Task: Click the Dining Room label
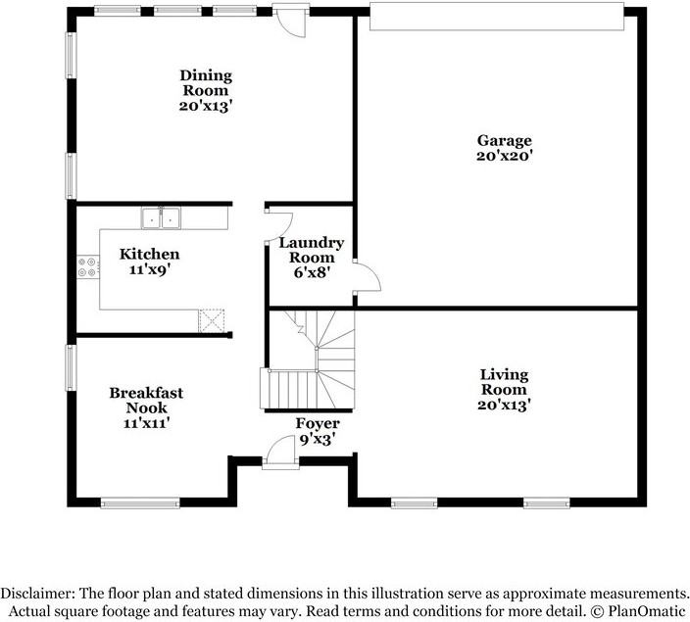coord(206,82)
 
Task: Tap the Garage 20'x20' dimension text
coord(505,156)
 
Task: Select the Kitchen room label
coord(150,255)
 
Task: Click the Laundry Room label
coord(312,250)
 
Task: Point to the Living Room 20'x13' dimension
coord(505,405)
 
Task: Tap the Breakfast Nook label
coord(146,400)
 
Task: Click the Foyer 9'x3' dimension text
coord(318,440)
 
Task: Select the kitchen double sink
coord(161,218)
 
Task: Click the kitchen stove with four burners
coord(88,267)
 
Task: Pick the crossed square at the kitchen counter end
coord(212,320)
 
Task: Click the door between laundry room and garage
coord(367,275)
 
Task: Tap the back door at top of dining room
coord(289,21)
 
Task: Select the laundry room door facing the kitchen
coord(278,226)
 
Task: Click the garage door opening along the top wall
coord(497,17)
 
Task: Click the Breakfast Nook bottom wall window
coord(140,502)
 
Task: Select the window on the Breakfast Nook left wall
coord(71,367)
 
